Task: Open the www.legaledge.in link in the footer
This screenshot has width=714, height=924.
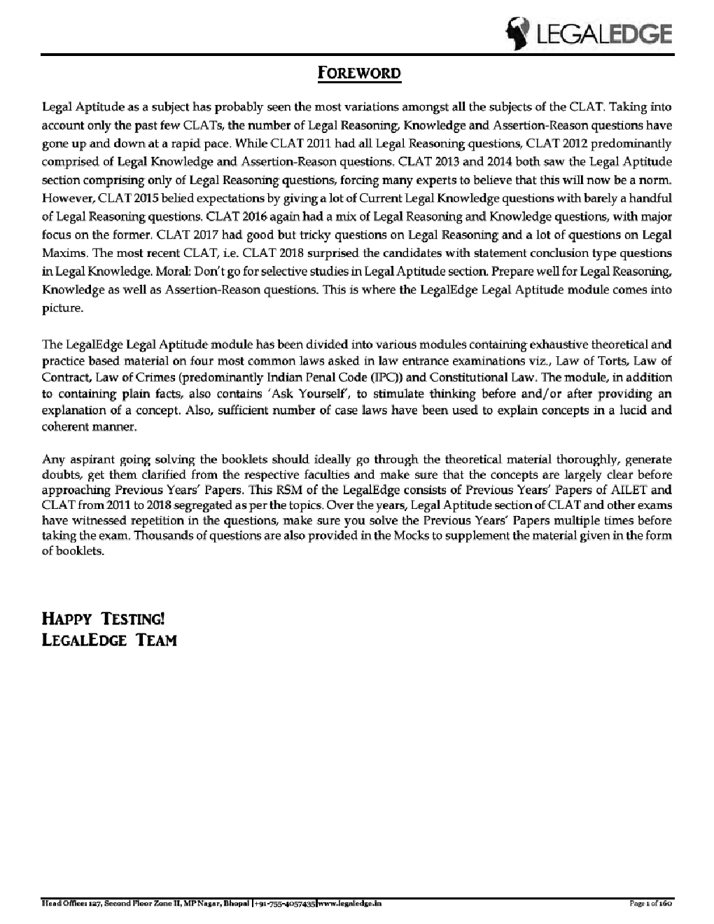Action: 350,904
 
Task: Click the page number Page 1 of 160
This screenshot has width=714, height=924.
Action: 651,904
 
